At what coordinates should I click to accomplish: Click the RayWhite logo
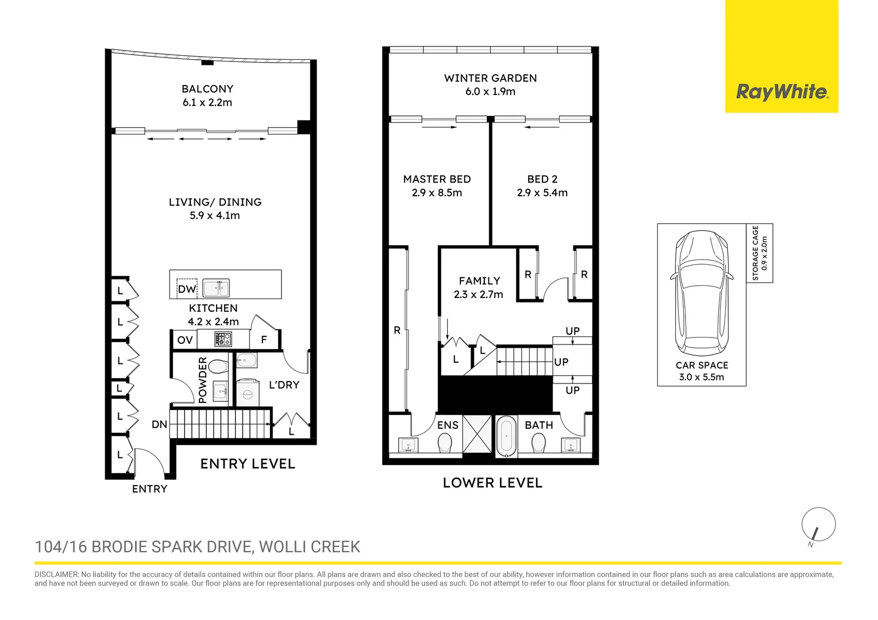click(781, 92)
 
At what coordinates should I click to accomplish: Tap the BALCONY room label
click(207, 89)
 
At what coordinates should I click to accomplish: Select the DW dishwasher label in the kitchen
click(187, 289)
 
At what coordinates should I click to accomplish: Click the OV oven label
click(184, 340)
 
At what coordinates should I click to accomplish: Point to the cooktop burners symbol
click(223, 339)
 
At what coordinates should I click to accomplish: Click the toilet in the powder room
click(218, 366)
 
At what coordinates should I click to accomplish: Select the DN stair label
click(159, 425)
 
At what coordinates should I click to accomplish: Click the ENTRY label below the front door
click(149, 489)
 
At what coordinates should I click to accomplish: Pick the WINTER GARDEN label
click(490, 78)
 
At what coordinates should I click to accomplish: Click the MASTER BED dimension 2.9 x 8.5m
click(437, 193)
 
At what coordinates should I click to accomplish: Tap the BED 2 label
click(542, 179)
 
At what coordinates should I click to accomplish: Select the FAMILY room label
click(479, 281)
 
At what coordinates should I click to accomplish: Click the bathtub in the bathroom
click(506, 436)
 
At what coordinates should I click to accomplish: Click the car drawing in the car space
click(702, 293)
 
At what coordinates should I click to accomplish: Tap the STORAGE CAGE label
click(756, 253)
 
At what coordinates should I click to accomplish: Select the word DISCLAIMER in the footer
click(56, 575)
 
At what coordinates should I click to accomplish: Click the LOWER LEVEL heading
click(492, 483)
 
